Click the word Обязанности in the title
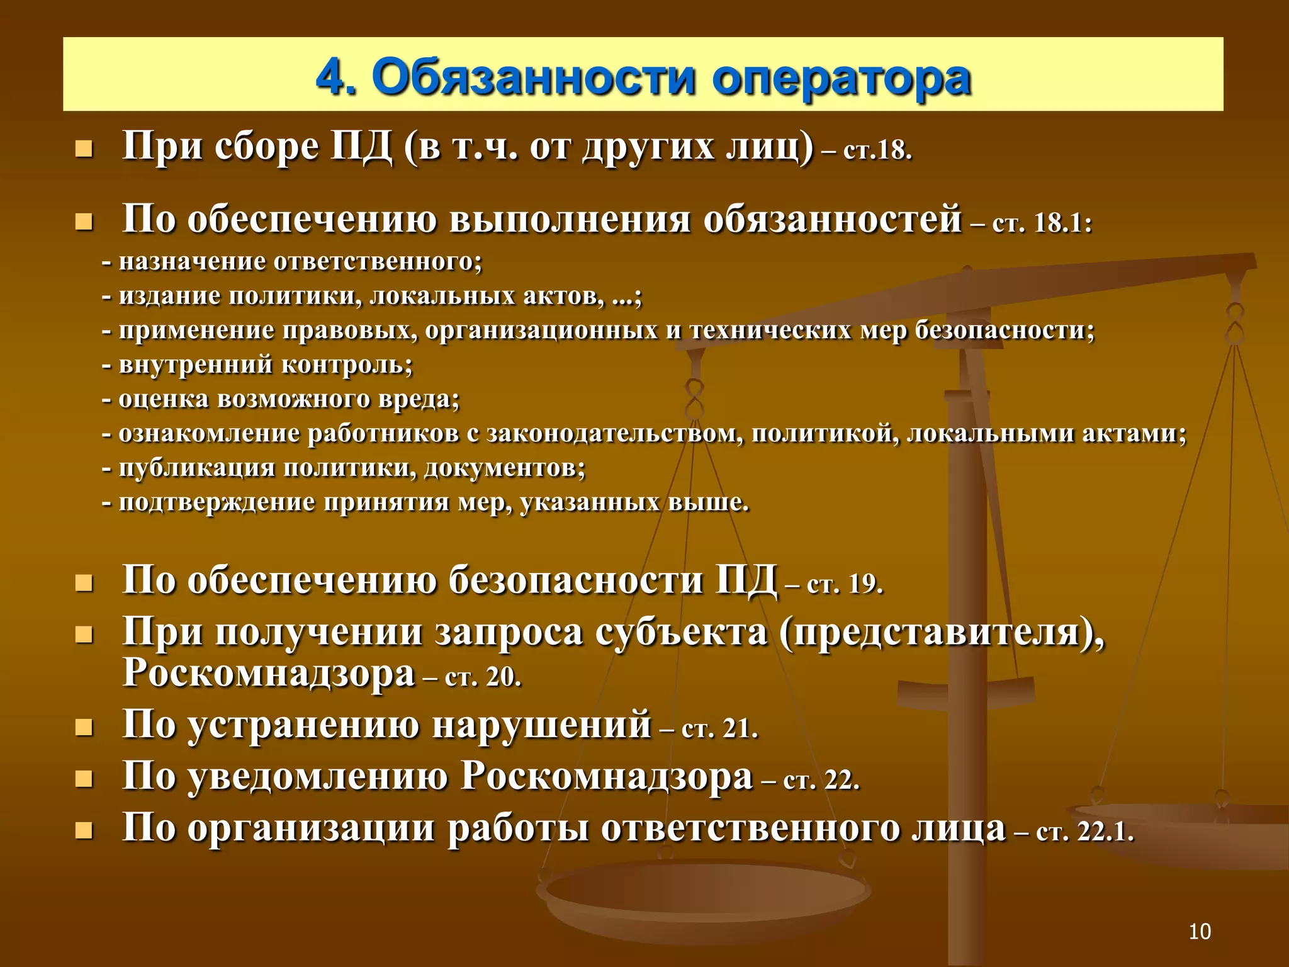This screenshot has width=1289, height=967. click(x=534, y=78)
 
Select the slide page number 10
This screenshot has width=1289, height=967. click(x=1200, y=931)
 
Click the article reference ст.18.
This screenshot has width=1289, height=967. click(x=877, y=151)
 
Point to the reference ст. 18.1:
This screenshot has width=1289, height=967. click(x=1042, y=223)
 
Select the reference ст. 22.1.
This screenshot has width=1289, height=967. click(x=1084, y=832)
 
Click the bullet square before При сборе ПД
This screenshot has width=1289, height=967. click(x=84, y=150)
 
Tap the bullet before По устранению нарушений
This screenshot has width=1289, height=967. click(x=84, y=728)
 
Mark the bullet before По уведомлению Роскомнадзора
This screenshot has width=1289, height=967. click(x=84, y=780)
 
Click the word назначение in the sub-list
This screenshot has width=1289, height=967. click(x=193, y=262)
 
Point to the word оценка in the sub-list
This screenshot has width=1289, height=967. click(x=164, y=400)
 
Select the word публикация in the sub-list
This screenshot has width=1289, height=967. click(x=197, y=468)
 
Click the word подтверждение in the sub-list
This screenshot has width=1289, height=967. click(x=217, y=503)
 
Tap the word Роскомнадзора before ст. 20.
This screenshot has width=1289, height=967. click(x=269, y=672)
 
